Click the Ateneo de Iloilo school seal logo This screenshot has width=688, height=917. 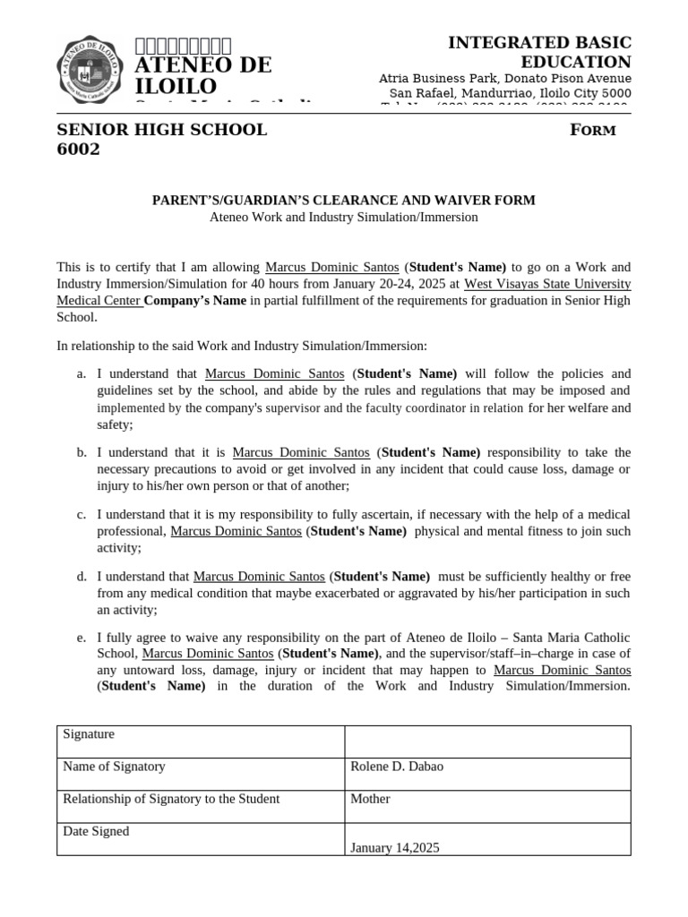[x=90, y=70]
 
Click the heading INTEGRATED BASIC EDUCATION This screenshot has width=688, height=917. [x=539, y=52]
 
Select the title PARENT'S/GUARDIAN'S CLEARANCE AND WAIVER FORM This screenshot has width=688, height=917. [x=343, y=200]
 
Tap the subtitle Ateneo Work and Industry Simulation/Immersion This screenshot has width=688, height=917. [x=343, y=217]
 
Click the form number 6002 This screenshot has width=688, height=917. [x=79, y=150]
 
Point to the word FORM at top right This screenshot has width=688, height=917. [x=593, y=131]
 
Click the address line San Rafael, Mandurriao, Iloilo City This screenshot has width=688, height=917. [x=510, y=94]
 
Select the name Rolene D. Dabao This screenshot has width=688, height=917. [x=397, y=767]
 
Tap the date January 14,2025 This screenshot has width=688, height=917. [x=395, y=847]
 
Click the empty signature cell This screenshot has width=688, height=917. [x=487, y=741]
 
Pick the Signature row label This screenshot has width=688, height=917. [x=89, y=734]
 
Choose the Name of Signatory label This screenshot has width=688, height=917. [x=114, y=767]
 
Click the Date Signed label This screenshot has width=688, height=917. [x=96, y=831]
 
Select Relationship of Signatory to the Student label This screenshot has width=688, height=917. [x=171, y=799]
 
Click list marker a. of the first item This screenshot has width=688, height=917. [x=82, y=373]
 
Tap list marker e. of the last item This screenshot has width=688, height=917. [x=82, y=638]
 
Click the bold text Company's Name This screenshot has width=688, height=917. [x=195, y=301]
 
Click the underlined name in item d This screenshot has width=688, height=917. [x=259, y=577]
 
